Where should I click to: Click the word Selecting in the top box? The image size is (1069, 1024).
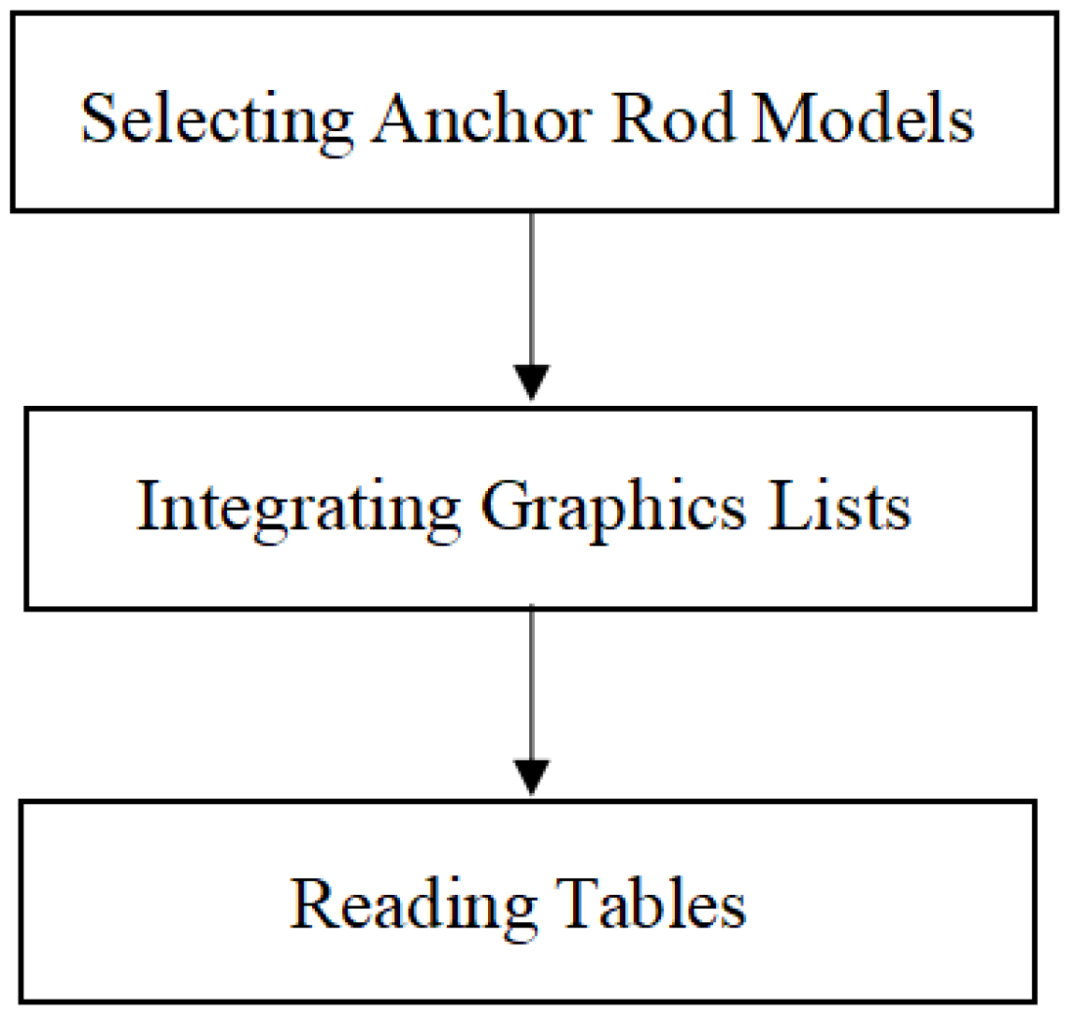click(216, 121)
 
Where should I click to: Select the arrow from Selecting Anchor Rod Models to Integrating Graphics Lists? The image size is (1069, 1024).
click(531, 293)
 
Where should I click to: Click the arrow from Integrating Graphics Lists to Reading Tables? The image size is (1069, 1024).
click(531, 685)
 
